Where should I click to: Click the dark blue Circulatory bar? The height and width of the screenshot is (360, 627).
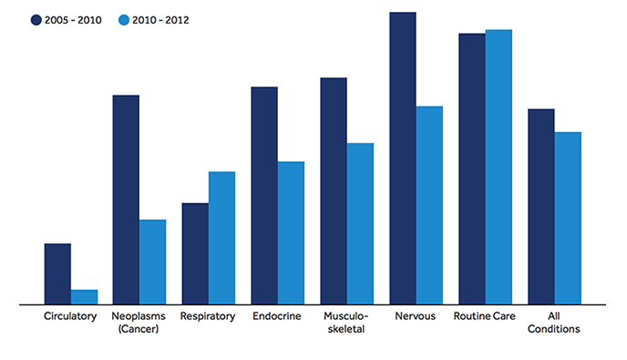57,273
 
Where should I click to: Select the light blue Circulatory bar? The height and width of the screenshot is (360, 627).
84,296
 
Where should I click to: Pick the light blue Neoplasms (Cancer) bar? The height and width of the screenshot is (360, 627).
152,262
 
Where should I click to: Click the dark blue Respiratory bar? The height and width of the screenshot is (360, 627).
195,253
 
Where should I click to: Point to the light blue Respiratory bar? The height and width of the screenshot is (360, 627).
221,237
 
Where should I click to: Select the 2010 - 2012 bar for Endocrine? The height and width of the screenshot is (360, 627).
291,232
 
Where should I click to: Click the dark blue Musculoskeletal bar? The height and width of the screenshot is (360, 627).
334,190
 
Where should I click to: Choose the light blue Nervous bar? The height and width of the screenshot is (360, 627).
429,205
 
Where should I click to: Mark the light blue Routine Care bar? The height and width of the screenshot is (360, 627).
499,167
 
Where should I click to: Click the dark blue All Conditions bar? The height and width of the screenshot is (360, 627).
541,206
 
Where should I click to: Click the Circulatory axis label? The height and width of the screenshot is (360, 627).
70,316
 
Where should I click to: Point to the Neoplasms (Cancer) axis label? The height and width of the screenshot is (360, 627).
139,323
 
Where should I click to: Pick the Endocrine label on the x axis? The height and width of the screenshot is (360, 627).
278,316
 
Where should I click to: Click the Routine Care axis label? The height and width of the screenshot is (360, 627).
485,316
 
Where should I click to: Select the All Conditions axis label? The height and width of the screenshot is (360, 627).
554,323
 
